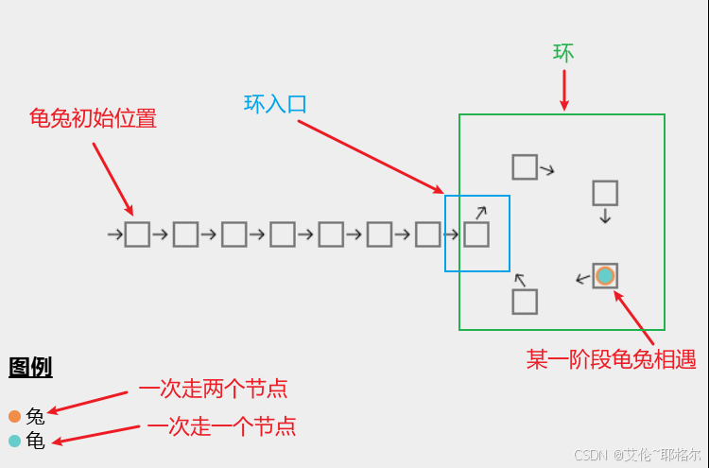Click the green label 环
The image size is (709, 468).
(x=563, y=53)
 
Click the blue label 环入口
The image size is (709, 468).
(x=275, y=104)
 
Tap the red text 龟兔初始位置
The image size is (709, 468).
(x=93, y=118)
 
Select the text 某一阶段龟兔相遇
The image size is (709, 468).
(x=611, y=359)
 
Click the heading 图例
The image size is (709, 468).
(x=30, y=367)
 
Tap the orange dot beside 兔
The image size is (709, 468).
(x=14, y=416)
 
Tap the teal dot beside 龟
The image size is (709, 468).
(x=14, y=441)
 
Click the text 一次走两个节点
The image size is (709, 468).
(x=213, y=389)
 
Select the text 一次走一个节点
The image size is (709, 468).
(x=221, y=426)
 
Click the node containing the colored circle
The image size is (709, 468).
(x=605, y=276)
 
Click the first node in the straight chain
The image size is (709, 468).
(x=137, y=234)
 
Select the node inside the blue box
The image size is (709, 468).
(x=476, y=234)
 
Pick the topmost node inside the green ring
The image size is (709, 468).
(x=525, y=167)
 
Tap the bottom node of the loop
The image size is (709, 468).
(x=525, y=302)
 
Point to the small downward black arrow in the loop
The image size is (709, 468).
(x=605, y=217)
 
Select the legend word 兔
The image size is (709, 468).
(x=35, y=416)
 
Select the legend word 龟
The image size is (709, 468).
(x=35, y=441)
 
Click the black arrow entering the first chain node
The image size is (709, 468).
(x=115, y=234)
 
